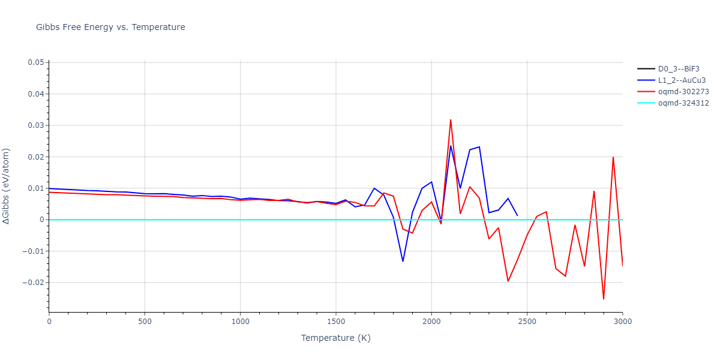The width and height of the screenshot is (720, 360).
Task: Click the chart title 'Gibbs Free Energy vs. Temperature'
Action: click(x=110, y=27)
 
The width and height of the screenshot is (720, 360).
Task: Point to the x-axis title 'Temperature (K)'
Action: click(x=335, y=338)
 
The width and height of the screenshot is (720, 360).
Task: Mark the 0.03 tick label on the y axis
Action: click(x=35, y=125)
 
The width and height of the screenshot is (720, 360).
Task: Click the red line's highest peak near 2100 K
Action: click(x=451, y=120)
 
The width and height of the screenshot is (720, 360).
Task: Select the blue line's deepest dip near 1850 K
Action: click(x=403, y=261)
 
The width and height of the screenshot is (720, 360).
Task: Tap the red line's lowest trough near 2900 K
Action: click(x=604, y=299)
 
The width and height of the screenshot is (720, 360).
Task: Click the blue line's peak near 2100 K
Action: click(x=451, y=146)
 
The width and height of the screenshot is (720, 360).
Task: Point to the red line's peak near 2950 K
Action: click(x=613, y=157)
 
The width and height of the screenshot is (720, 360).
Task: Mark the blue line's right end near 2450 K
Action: click(x=517, y=215)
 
